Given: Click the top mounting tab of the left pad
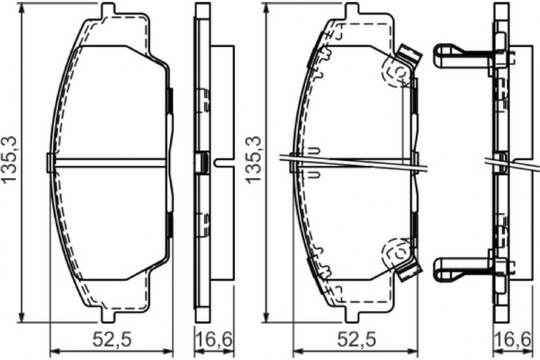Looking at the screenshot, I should click(x=109, y=12).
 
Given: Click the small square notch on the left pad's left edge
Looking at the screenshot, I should click(x=50, y=161).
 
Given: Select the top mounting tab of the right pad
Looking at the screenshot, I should click(x=352, y=11).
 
